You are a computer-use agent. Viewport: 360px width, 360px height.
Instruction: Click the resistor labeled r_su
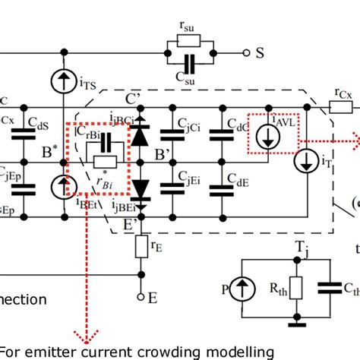point(189,39)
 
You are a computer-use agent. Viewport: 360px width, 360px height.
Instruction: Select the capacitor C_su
point(189,65)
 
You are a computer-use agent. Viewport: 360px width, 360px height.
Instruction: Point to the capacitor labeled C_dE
point(222,178)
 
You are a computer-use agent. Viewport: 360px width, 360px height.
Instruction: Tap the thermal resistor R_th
point(295,289)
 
